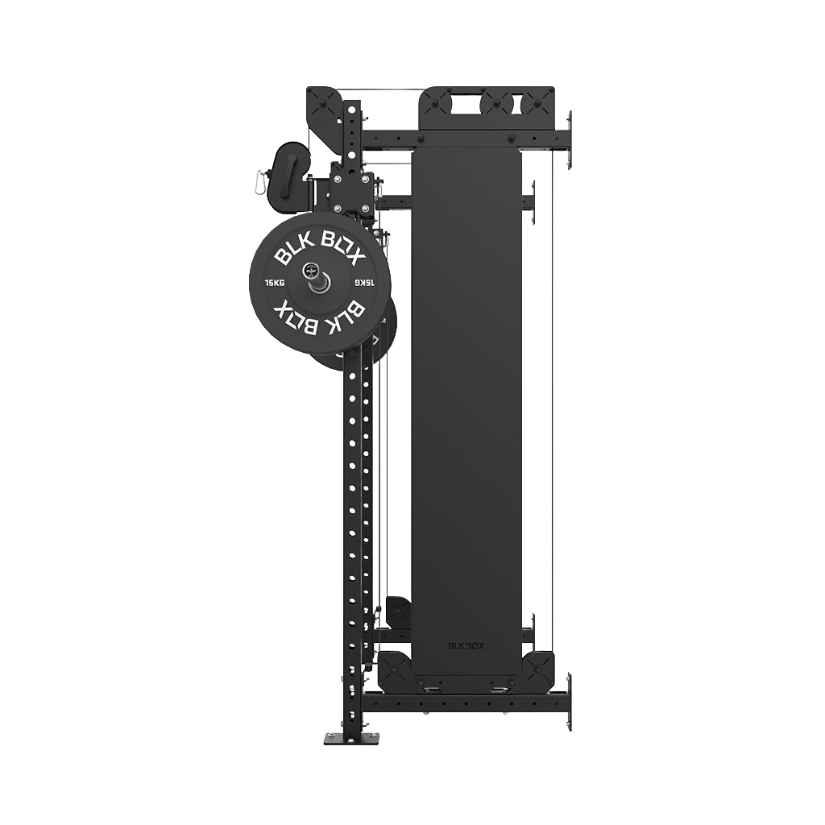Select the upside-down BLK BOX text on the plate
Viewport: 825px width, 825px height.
click(x=320, y=316)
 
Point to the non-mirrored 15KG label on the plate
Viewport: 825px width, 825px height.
click(x=275, y=283)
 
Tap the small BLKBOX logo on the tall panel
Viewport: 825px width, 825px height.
click(x=466, y=645)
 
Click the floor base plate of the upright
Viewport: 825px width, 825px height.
click(x=351, y=737)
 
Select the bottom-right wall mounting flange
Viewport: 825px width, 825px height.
click(x=569, y=701)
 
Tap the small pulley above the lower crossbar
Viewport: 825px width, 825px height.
click(x=398, y=612)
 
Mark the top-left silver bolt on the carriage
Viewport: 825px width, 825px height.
click(x=336, y=179)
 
